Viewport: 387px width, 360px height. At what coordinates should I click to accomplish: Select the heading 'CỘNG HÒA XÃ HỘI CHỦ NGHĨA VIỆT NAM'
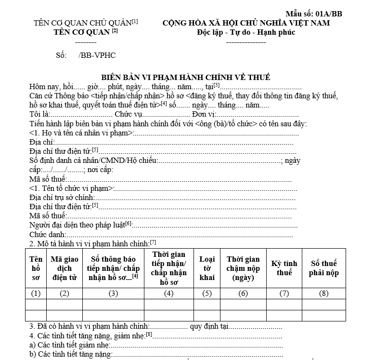click(x=245, y=23)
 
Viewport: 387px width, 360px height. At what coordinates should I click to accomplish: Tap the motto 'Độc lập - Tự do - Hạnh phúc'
click(x=245, y=32)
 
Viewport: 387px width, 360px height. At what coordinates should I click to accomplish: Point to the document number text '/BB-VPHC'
click(x=97, y=55)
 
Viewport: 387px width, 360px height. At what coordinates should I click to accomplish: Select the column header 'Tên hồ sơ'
click(x=36, y=268)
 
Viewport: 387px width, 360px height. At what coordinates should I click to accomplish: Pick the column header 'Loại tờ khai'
click(x=207, y=268)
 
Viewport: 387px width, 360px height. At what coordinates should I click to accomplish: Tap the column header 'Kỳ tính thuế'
click(x=284, y=268)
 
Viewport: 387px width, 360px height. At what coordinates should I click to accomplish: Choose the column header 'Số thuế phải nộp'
click(x=323, y=268)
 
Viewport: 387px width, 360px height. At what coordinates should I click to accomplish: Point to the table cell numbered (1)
click(x=36, y=293)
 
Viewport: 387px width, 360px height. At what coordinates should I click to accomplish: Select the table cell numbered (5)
click(x=207, y=293)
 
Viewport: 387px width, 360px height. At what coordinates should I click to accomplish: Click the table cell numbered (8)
click(x=323, y=293)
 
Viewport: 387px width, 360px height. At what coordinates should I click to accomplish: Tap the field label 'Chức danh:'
click(x=48, y=234)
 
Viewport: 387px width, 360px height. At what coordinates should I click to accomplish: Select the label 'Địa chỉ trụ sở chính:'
click(x=62, y=197)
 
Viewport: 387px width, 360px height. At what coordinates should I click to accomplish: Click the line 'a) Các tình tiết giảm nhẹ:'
click(x=70, y=345)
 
